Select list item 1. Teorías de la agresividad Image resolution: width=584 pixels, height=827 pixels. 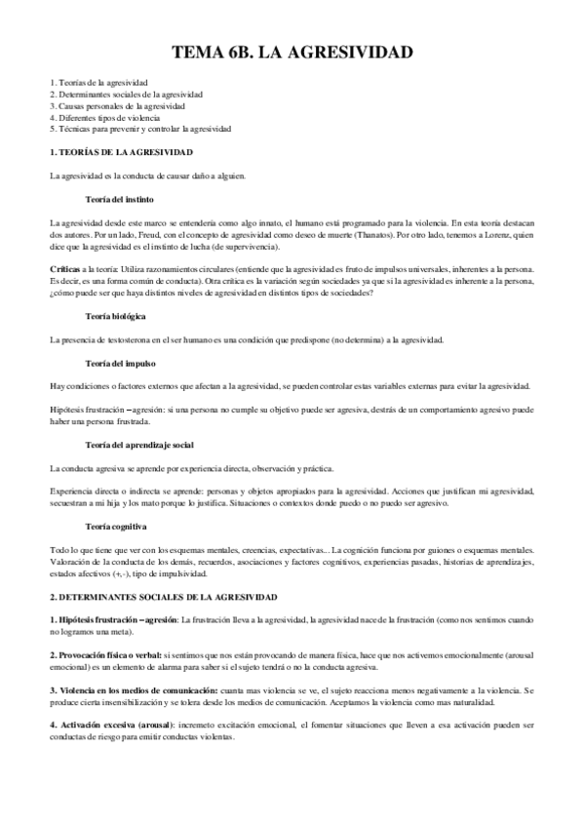pyautogui.click(x=98, y=83)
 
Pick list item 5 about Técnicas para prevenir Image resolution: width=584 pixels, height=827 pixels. pyautogui.click(x=140, y=129)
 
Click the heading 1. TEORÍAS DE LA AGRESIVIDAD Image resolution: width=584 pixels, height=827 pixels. pyautogui.click(x=121, y=153)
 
